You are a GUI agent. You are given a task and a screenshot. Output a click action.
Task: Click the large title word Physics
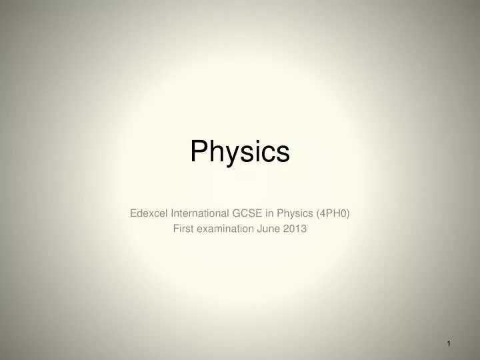click(240, 153)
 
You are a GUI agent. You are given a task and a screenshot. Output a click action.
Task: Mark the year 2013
click(294, 228)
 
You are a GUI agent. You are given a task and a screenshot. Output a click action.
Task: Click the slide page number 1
click(449, 343)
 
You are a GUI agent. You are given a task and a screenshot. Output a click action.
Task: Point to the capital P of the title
click(198, 151)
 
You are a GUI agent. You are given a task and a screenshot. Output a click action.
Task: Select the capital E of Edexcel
click(131, 213)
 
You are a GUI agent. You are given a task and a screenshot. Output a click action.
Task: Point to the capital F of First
click(176, 228)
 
